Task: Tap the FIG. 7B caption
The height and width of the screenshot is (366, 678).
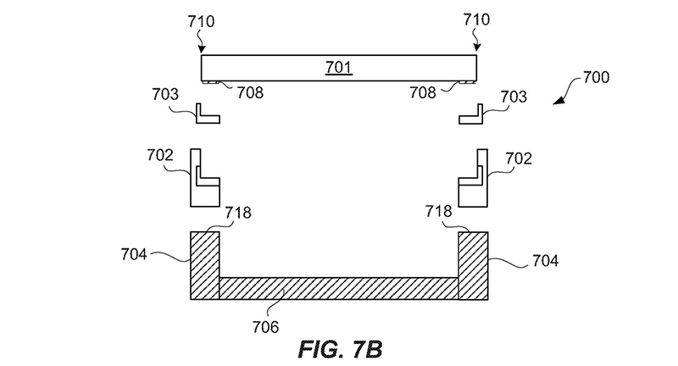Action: (334, 348)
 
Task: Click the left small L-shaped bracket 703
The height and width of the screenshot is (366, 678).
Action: (207, 114)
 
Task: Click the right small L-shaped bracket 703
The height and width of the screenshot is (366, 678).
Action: (471, 114)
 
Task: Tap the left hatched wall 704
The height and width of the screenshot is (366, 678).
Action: (204, 264)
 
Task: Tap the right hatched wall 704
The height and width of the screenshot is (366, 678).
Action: (473, 264)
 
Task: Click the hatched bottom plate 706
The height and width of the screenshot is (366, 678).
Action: (339, 287)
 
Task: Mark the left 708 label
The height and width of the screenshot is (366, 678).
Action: (250, 91)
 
